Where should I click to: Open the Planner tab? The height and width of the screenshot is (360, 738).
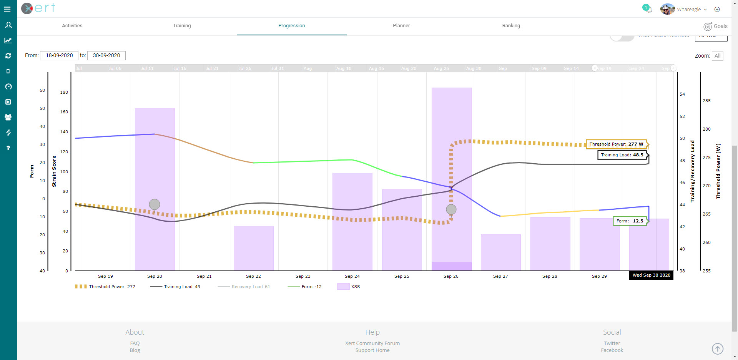click(x=401, y=26)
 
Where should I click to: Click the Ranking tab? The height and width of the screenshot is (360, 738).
click(x=511, y=26)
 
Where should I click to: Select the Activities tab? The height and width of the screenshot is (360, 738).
click(x=72, y=26)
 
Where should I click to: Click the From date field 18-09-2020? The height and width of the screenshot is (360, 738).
click(x=59, y=55)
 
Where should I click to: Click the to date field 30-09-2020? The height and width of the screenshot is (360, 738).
click(x=106, y=55)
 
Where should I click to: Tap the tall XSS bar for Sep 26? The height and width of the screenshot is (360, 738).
click(x=451, y=115)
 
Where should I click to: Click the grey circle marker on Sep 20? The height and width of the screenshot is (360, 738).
click(x=155, y=204)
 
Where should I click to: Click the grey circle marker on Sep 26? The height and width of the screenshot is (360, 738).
click(x=451, y=209)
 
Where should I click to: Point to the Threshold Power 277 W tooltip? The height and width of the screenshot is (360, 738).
click(x=616, y=144)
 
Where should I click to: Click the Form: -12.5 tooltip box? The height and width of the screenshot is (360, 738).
click(x=630, y=221)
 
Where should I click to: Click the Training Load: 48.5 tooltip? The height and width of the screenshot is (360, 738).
click(x=622, y=155)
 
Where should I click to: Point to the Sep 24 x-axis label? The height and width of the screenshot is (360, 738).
click(x=352, y=276)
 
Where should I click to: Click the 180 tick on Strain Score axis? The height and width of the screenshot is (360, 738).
click(x=64, y=92)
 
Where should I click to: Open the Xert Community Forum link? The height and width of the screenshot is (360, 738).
click(x=372, y=343)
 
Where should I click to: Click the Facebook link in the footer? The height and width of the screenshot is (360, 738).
click(x=612, y=350)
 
